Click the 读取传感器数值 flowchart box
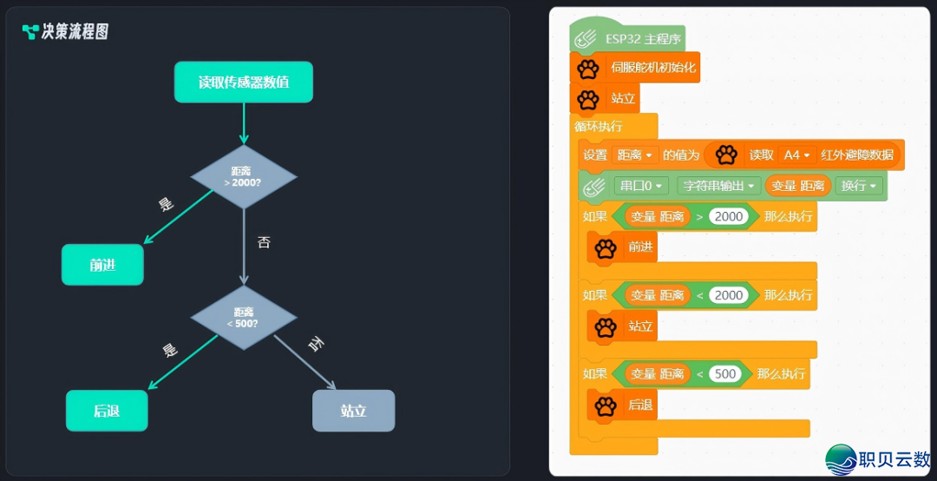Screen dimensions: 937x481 coord(243,82)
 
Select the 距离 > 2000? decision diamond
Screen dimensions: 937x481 coord(244,176)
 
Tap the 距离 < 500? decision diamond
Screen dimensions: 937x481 coord(244,318)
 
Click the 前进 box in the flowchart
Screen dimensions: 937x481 coord(102,265)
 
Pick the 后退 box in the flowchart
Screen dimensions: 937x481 coord(107,411)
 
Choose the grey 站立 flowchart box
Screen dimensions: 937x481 coord(354,411)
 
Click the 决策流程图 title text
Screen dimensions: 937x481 coord(75,32)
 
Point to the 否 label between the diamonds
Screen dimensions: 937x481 coord(264,242)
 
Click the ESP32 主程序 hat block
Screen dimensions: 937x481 coord(627,39)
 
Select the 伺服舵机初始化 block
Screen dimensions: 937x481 coord(634,68)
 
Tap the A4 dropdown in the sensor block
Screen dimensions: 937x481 coord(797,155)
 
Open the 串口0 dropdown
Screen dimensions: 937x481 coord(641,186)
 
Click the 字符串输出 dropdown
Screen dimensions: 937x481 coord(718,186)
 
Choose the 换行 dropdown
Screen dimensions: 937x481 coord(859,186)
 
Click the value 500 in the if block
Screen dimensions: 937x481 coord(725,374)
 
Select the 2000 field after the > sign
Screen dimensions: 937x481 coord(729,216)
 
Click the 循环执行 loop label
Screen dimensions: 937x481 coord(598,126)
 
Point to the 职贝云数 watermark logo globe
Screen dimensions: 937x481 coord(841,459)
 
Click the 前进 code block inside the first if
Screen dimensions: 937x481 coord(622,247)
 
